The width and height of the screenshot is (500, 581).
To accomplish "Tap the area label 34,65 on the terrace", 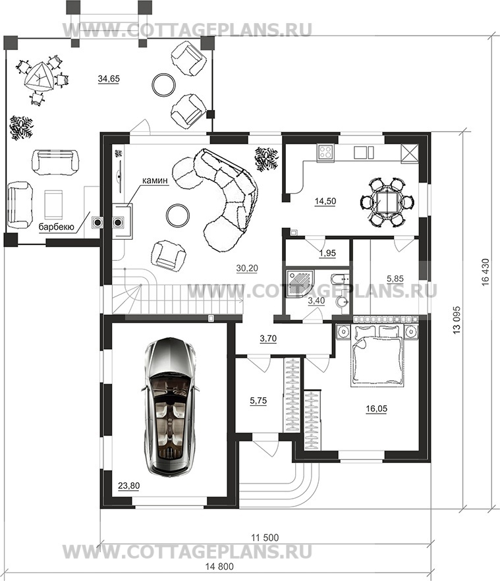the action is [109, 78].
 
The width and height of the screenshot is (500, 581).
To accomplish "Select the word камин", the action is [155, 180].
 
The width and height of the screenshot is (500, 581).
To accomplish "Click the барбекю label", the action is [57, 227].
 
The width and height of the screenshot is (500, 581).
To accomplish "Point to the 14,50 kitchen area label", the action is [325, 201].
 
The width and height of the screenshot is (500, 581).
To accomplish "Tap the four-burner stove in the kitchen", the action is [326, 152].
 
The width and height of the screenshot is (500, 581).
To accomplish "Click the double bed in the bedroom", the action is [377, 355].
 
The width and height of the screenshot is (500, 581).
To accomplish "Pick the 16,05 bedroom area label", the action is [377, 408].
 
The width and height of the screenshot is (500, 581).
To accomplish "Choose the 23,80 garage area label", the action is [129, 485].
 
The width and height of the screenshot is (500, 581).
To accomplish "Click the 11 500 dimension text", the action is [265, 538].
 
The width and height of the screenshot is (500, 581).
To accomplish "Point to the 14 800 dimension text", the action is [220, 567].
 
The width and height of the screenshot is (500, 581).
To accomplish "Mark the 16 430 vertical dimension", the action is [486, 272].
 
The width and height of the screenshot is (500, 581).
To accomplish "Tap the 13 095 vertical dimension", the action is [457, 319].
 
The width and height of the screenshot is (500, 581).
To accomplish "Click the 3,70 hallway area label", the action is [268, 339].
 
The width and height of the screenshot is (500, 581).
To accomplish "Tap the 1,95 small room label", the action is [327, 253].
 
